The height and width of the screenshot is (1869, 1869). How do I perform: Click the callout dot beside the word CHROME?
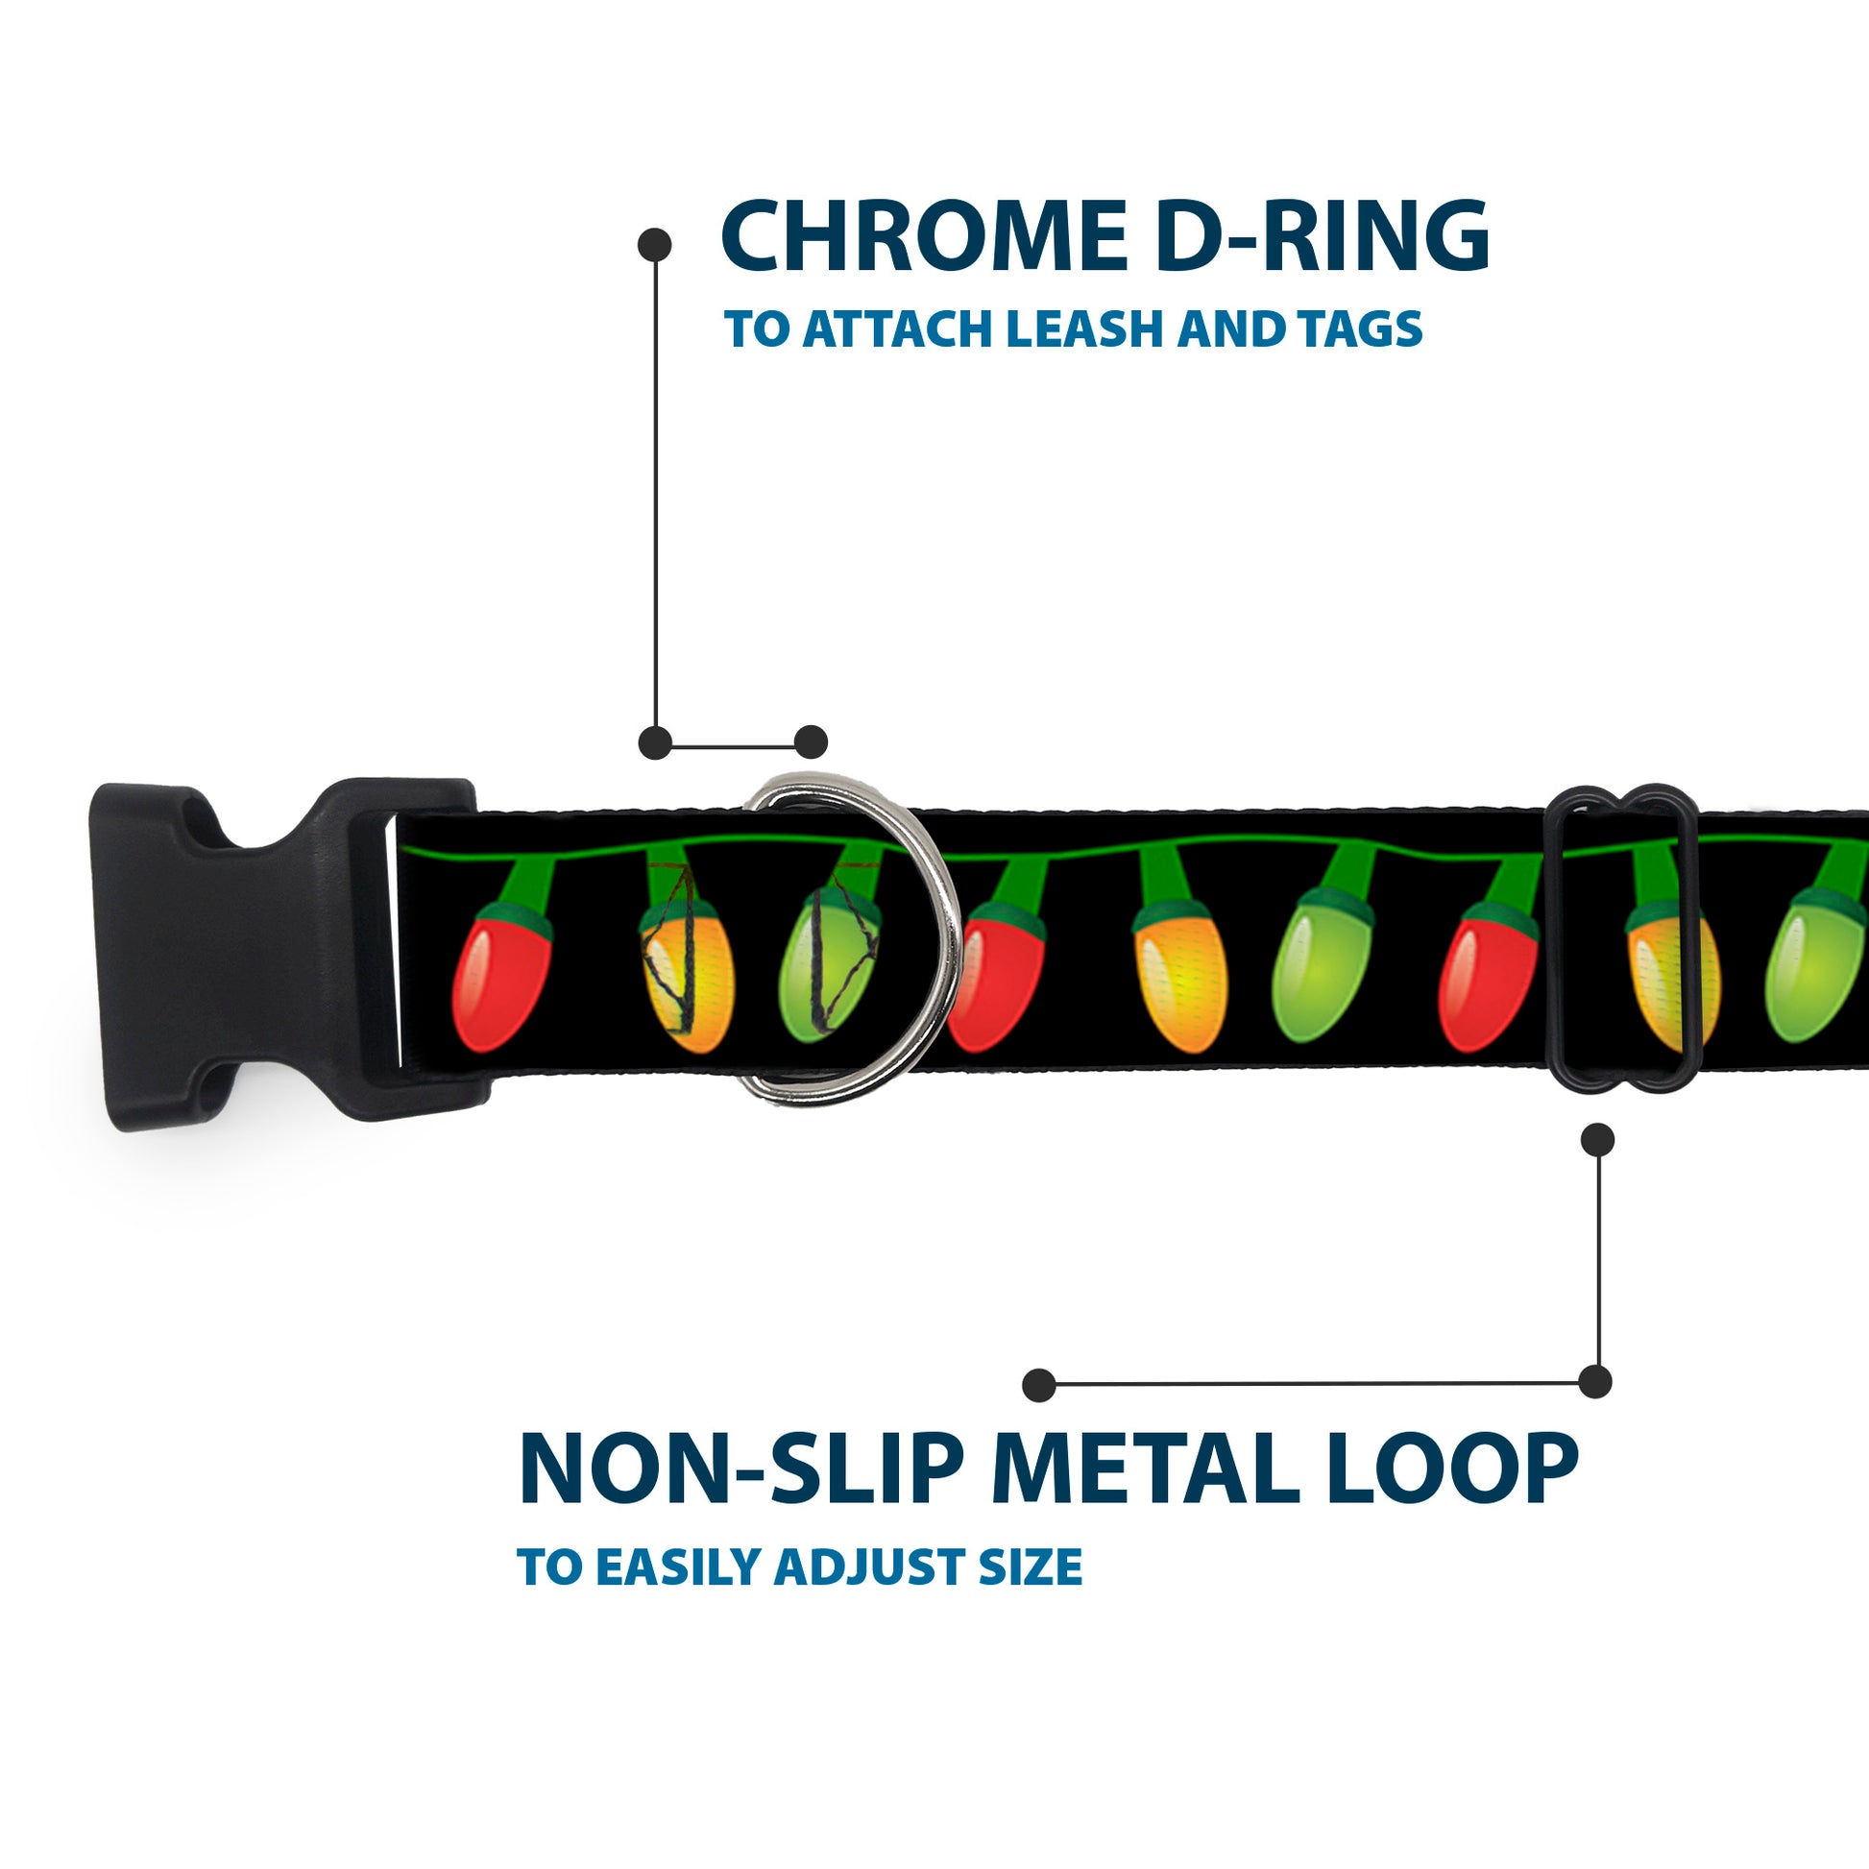(655, 245)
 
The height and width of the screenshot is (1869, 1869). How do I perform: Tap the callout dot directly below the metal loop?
(1597, 1140)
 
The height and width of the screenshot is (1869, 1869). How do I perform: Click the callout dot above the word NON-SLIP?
(1039, 1384)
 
